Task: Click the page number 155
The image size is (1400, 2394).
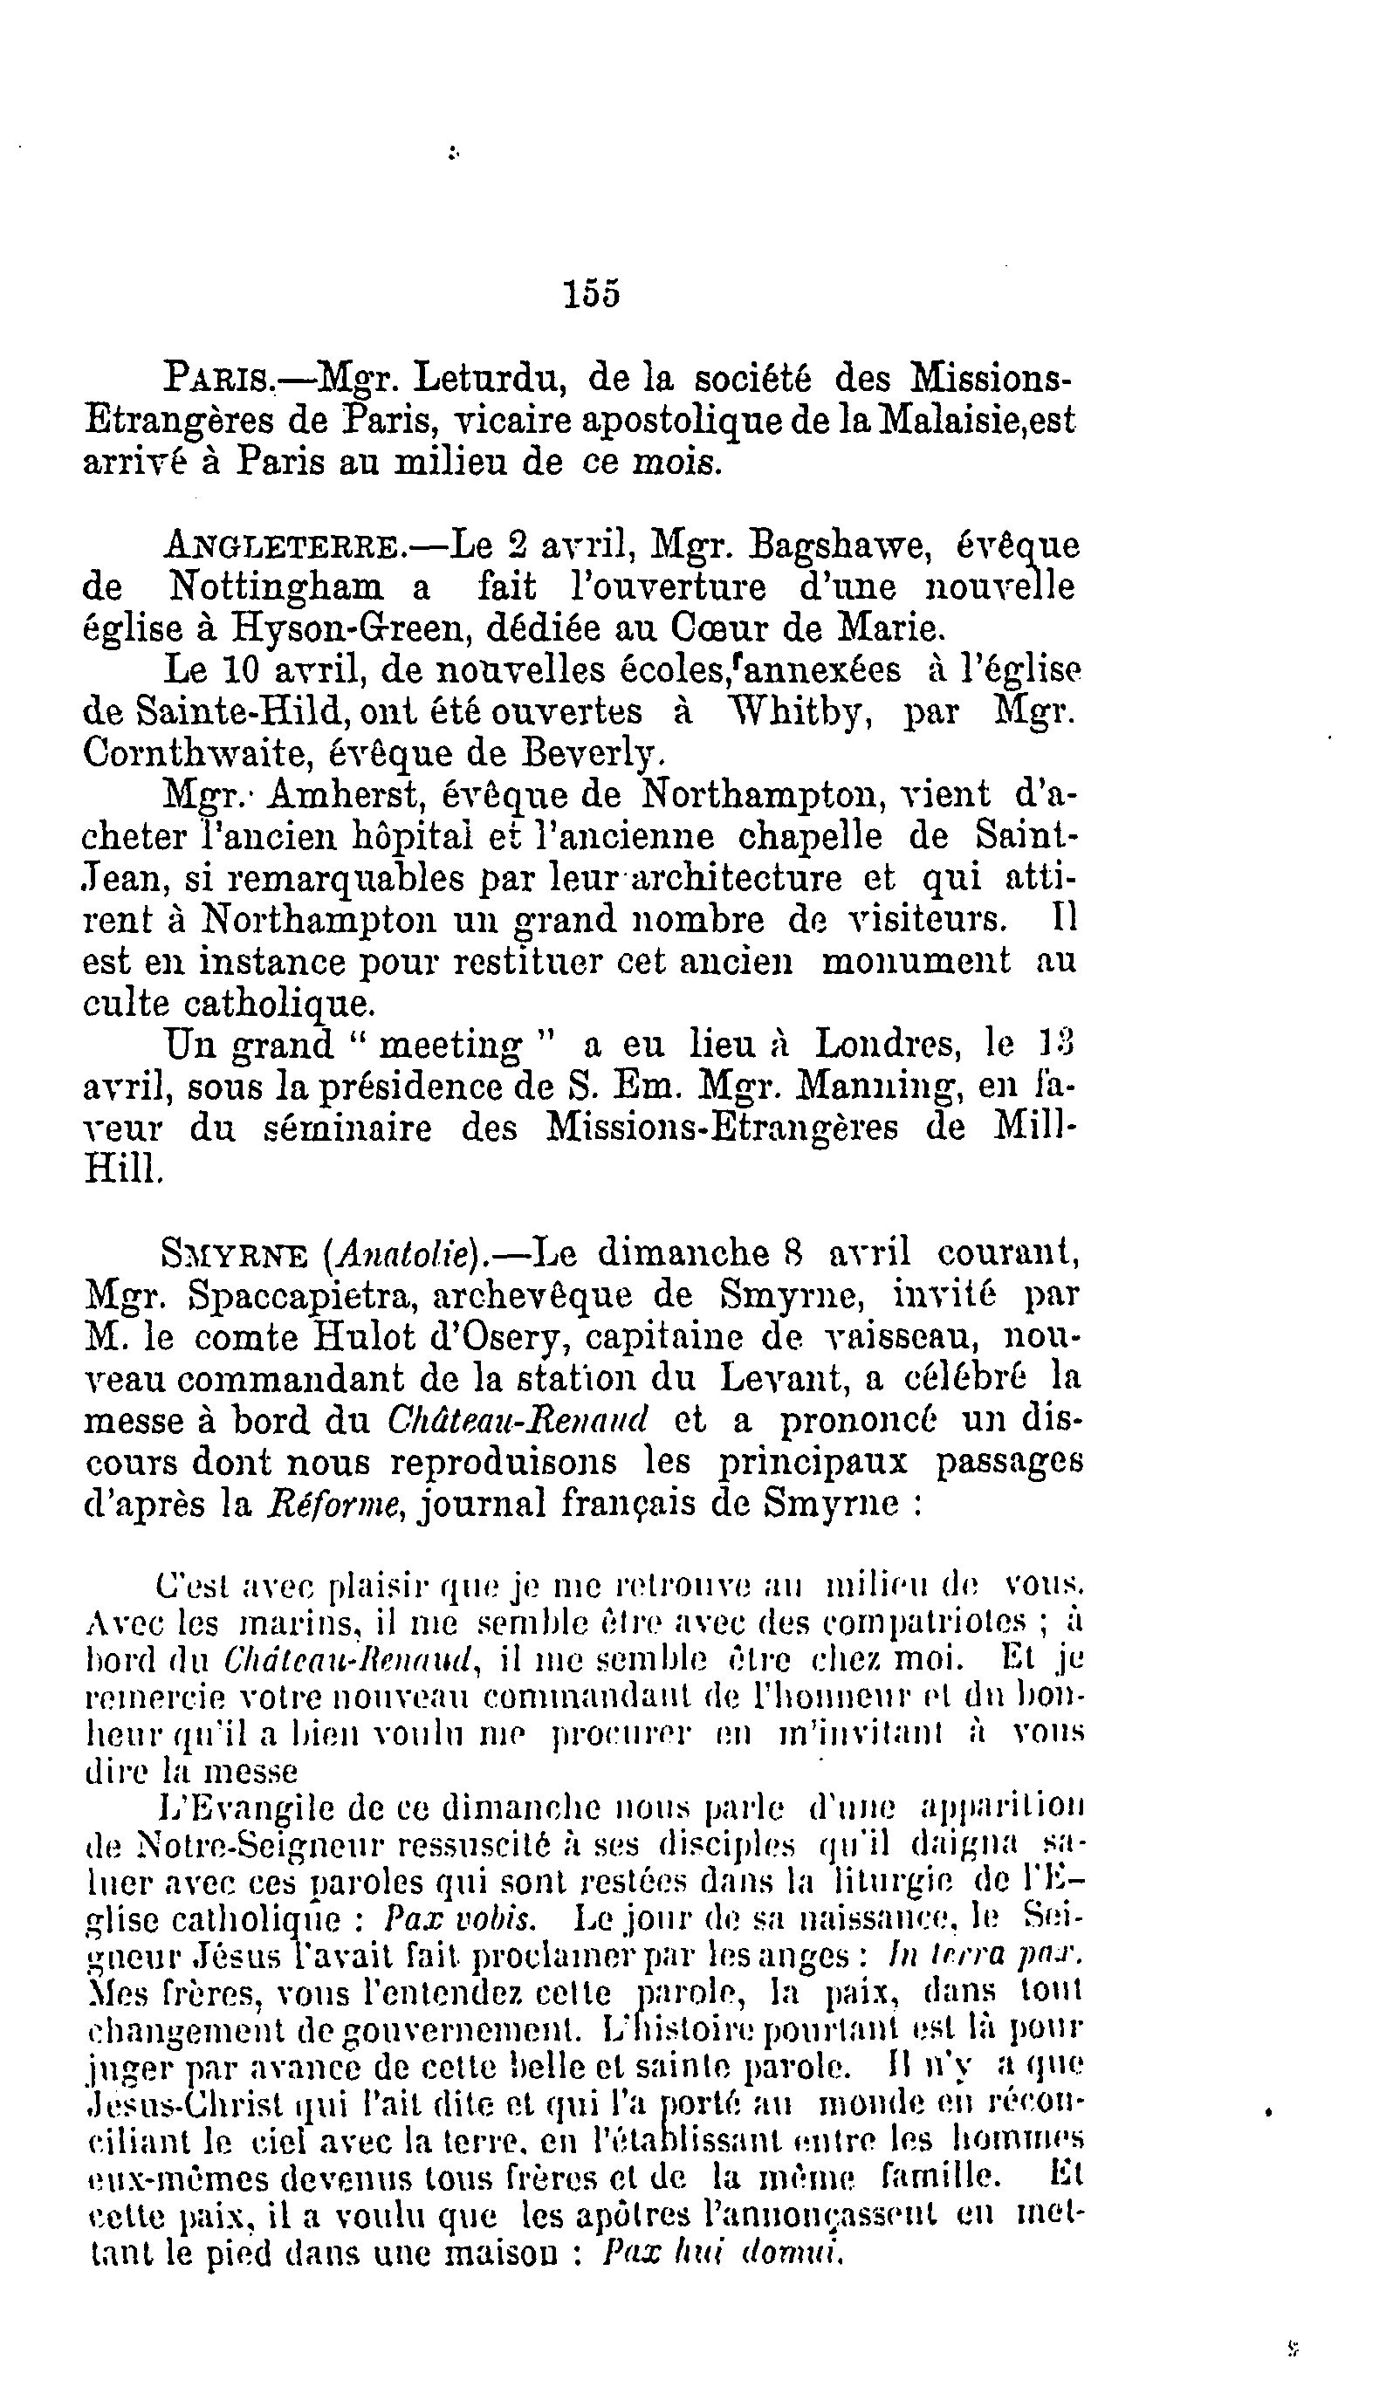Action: [591, 293]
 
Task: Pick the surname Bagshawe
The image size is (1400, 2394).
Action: [845, 547]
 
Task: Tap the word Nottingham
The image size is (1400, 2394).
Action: [277, 588]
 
